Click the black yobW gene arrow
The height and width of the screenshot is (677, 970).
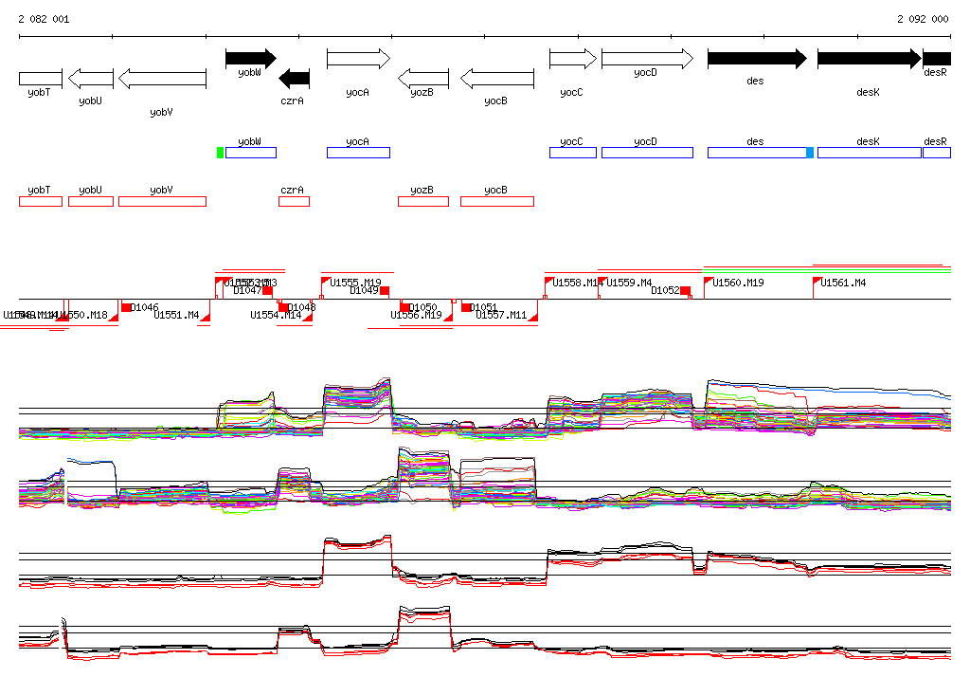click(x=250, y=59)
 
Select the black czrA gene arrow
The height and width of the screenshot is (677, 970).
click(x=295, y=78)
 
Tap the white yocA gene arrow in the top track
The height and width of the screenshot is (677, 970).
click(x=358, y=59)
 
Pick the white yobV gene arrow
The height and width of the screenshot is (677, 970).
click(x=162, y=78)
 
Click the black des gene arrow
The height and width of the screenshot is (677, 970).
click(x=756, y=59)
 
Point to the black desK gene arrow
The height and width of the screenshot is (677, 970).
click(x=869, y=59)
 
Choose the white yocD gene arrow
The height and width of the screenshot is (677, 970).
click(x=646, y=59)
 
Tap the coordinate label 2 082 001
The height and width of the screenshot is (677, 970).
click(x=44, y=19)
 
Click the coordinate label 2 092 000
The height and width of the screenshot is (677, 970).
click(x=923, y=19)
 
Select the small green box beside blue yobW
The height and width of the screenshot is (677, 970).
click(x=221, y=153)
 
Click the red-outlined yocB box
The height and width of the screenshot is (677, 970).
click(x=496, y=201)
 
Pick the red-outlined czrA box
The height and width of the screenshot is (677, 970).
click(x=294, y=201)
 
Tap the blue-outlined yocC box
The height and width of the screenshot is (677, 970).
click(x=572, y=153)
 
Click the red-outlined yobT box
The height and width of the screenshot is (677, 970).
click(x=40, y=201)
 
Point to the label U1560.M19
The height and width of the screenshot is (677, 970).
click(x=739, y=283)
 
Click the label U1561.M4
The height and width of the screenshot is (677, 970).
click(x=842, y=283)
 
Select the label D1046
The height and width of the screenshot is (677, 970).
click(x=145, y=307)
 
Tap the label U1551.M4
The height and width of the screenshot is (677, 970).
click(x=176, y=315)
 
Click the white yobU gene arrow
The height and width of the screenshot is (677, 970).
click(x=91, y=78)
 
